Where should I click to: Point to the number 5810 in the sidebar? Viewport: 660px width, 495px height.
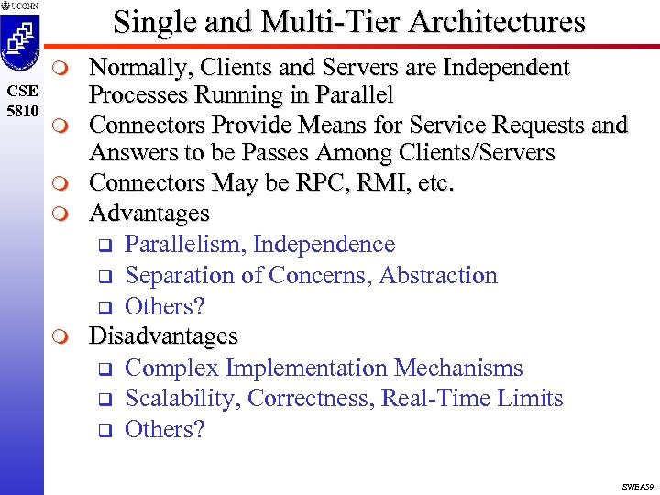[20, 108]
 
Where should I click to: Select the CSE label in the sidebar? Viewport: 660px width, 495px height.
[20, 91]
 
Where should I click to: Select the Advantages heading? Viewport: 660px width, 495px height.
[148, 214]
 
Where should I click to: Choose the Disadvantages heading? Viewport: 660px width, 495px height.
[162, 337]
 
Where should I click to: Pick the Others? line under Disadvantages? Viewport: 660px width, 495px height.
[164, 429]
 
